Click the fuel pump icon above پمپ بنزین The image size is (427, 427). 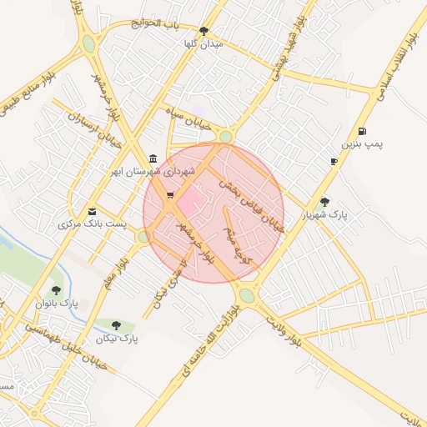[362, 131]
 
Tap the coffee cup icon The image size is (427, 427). [334, 161]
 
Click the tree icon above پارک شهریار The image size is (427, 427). [325, 201]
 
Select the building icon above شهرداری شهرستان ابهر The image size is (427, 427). [153, 158]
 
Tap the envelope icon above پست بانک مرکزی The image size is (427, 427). [92, 212]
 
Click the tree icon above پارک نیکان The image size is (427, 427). [115, 325]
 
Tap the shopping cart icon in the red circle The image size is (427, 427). [170, 195]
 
